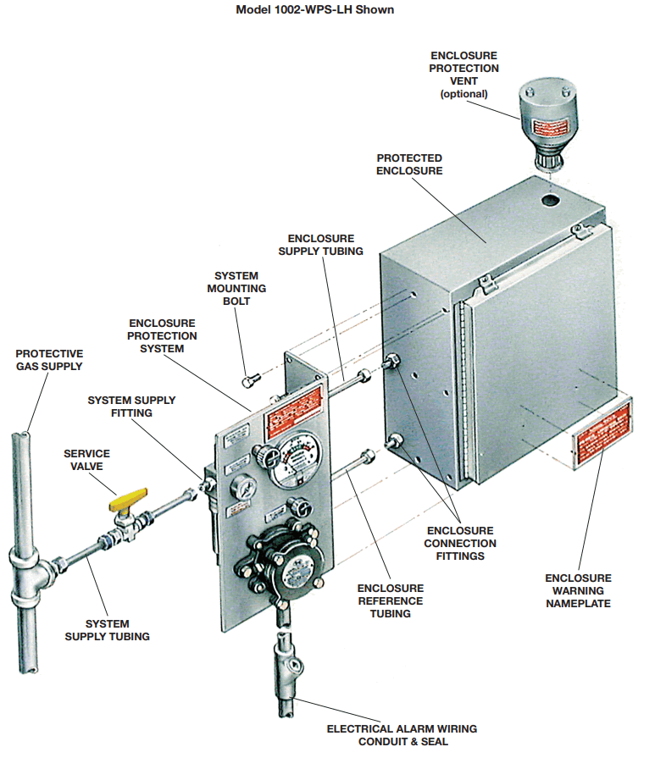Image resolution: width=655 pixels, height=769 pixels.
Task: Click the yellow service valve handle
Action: [128, 503]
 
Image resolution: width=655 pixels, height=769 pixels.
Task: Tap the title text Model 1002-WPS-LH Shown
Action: [314, 10]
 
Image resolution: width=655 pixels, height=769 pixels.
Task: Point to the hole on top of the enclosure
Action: [552, 202]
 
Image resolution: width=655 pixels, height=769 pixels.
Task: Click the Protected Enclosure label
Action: [409, 164]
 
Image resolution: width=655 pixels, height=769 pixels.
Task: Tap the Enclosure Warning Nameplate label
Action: [578, 590]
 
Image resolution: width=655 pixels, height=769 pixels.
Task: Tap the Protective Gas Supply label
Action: [49, 359]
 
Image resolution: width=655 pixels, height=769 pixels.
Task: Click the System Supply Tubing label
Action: [108, 630]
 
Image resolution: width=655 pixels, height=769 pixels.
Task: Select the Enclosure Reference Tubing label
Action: [391, 600]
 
